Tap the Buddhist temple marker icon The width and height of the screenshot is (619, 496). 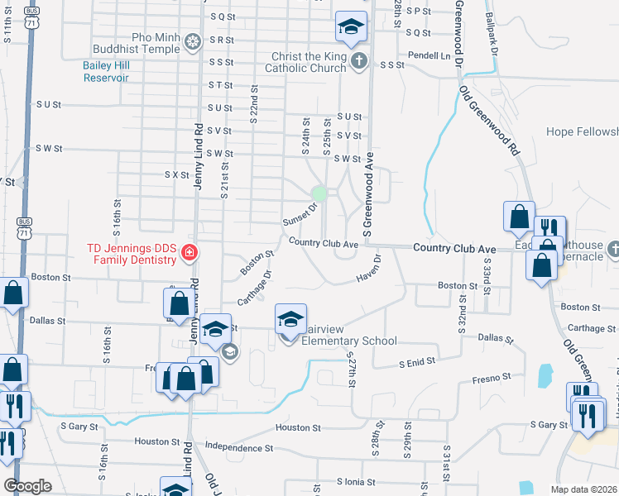[x=193, y=41]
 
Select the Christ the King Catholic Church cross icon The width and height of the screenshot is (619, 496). [x=358, y=60]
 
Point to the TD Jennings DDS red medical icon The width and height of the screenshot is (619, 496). [x=190, y=252]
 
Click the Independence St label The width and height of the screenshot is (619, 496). [x=240, y=447]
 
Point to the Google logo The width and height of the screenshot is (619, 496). [x=28, y=486]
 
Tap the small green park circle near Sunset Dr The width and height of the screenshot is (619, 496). [x=318, y=194]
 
